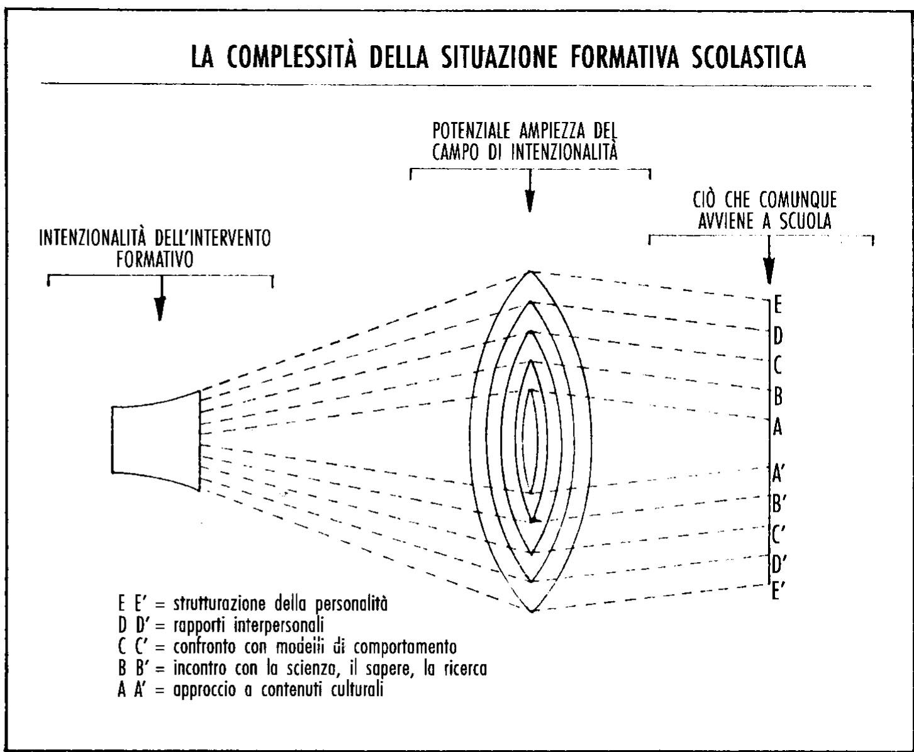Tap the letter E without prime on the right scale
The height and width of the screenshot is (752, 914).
(778, 306)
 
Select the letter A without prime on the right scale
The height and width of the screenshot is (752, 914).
(777, 428)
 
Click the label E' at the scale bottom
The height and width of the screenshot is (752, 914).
(778, 591)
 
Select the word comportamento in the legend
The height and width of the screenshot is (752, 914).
(402, 647)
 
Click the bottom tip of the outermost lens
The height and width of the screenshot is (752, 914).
(532, 611)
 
